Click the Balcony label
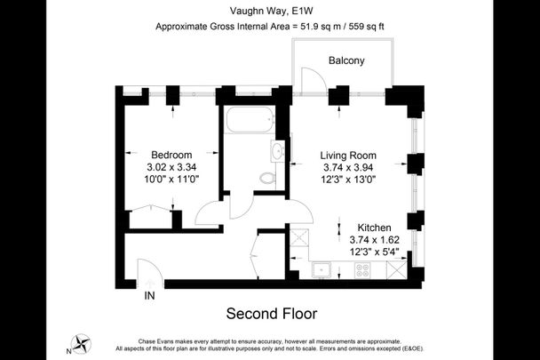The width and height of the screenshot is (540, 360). point(346,61)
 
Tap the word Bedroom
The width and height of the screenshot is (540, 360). point(171,154)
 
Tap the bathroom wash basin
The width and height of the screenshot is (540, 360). point(278,152)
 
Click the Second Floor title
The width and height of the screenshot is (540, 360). point(271,314)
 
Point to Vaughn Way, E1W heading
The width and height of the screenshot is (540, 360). point(270,11)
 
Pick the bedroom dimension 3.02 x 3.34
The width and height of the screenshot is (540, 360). point(171,166)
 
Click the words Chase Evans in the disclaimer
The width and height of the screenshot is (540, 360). point(160,341)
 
